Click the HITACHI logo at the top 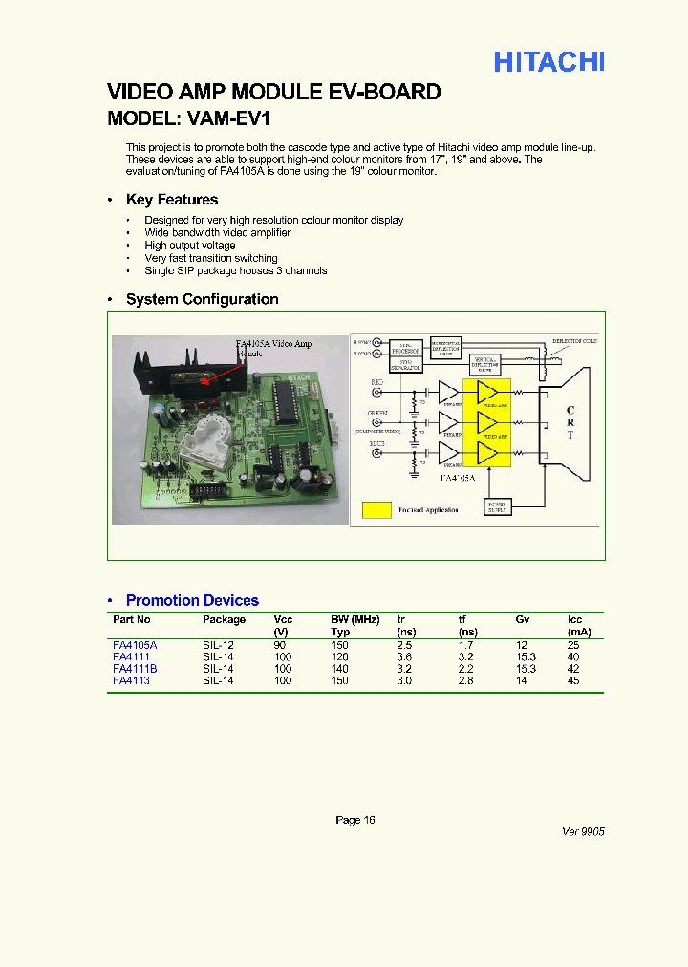coord(548,62)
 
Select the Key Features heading coord(172,200)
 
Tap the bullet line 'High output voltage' coord(189,246)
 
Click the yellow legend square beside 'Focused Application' coord(377,509)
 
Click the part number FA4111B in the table coord(135,669)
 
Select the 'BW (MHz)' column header coord(355,619)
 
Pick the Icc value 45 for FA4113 coord(573,680)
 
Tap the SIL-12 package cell coord(218,646)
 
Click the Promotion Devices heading coord(192,600)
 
